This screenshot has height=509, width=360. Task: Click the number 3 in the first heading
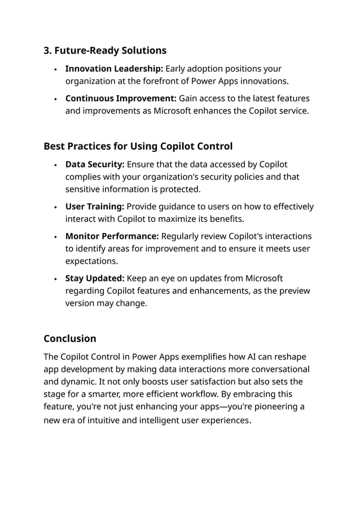click(47, 51)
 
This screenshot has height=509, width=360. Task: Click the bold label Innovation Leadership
click(106, 69)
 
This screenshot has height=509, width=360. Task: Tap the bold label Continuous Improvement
click(121, 98)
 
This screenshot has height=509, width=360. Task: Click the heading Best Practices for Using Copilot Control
click(138, 147)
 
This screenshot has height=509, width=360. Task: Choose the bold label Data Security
click(95, 164)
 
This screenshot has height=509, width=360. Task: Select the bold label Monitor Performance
click(112, 236)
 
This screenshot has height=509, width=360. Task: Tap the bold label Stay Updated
click(95, 278)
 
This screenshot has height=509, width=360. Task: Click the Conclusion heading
click(70, 339)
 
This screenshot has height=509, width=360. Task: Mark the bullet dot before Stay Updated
click(55, 279)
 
